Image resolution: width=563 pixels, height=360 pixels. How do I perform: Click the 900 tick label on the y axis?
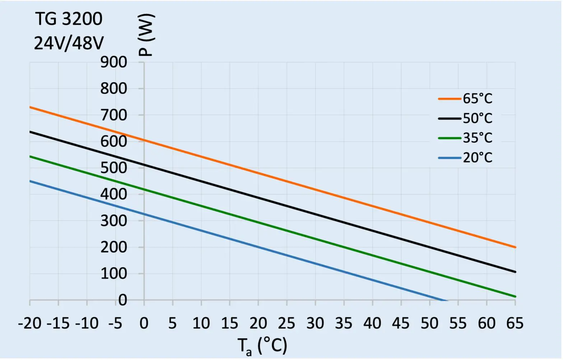113,62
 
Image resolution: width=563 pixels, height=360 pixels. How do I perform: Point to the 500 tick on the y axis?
113,168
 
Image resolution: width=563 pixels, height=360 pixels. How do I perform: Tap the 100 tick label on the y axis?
113,274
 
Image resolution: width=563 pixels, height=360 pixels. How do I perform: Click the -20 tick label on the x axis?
30,324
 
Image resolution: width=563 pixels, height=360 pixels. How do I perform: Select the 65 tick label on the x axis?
515,324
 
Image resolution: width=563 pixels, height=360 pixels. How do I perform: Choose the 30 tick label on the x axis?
315,324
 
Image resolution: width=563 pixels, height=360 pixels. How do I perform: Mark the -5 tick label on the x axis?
115,324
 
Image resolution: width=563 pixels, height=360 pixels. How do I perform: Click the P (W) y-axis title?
146,35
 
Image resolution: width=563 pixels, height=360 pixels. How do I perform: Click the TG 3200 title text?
69,19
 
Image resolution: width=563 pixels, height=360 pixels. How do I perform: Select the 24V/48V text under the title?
69,43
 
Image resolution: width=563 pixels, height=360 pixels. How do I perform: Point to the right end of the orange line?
515,247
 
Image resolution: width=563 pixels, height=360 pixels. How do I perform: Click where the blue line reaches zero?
446,300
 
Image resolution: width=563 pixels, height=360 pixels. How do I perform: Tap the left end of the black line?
30,132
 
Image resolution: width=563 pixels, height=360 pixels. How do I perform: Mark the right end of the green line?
515,296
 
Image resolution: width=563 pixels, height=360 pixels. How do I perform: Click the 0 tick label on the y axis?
122,300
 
